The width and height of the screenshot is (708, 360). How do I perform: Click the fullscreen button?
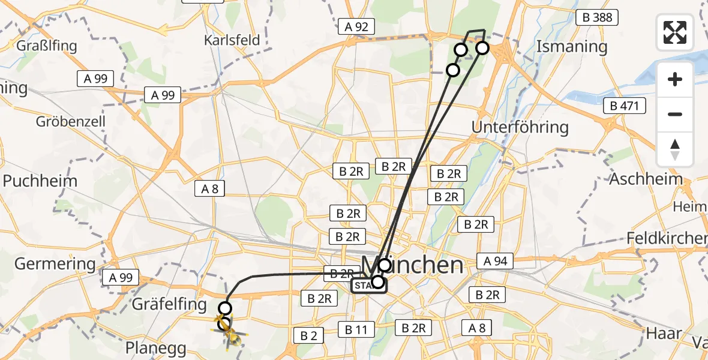[x=675, y=32]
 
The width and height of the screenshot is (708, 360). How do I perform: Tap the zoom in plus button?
[x=675, y=80]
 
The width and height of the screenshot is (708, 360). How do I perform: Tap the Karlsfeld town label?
[x=232, y=40]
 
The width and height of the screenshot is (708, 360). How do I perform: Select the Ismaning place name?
[x=571, y=46]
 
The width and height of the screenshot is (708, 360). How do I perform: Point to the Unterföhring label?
[x=520, y=127]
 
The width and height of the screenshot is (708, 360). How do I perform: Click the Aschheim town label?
[x=646, y=179]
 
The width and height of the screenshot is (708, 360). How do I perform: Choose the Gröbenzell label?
[x=71, y=121]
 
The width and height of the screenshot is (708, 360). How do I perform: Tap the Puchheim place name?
[x=40, y=181]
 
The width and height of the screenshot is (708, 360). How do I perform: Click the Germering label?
[x=55, y=263]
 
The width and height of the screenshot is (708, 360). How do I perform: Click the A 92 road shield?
[x=356, y=26]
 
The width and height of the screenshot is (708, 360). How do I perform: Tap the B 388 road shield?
[x=598, y=17]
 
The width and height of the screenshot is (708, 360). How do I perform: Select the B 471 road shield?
[x=625, y=106]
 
